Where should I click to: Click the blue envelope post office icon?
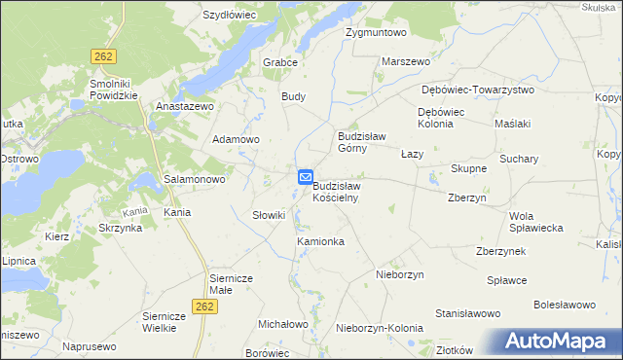coord(305,178)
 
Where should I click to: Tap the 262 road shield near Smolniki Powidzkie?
coord(104,57)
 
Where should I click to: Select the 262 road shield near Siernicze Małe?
coord(203,306)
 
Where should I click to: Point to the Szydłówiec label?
coord(229,16)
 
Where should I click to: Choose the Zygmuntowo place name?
coord(376,32)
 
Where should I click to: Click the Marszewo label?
coord(406,61)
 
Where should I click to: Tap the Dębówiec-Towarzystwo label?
coord(478,90)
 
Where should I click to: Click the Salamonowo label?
coord(195,180)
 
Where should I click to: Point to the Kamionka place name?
coord(320,240)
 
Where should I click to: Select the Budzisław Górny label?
coord(362,142)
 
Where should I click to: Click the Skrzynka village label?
coord(120,228)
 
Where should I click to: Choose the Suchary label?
coord(519,158)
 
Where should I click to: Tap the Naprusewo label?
coord(90,345)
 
